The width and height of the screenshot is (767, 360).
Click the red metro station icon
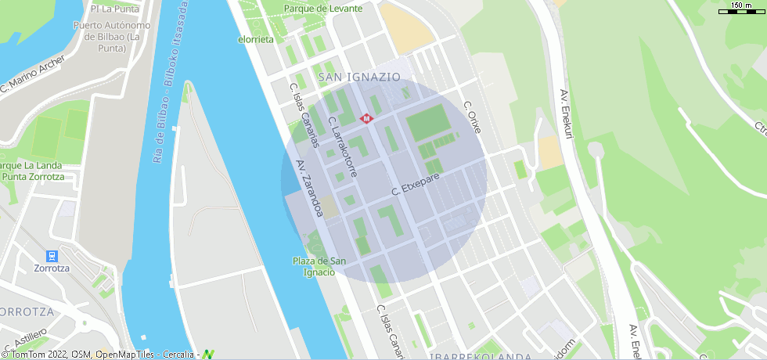pos(366,118)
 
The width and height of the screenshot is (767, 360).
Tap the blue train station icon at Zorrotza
pos(52,256)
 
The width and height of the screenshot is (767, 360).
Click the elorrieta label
pos(256,38)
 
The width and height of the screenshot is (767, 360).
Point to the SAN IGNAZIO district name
pos(359,77)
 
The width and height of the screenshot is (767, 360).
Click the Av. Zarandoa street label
pos(309,189)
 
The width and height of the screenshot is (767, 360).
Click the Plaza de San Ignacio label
pos(319,266)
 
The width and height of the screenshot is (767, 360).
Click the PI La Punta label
pos(114,9)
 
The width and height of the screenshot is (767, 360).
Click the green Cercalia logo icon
pos(207,355)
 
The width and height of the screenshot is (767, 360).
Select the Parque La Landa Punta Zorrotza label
pos(33,171)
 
